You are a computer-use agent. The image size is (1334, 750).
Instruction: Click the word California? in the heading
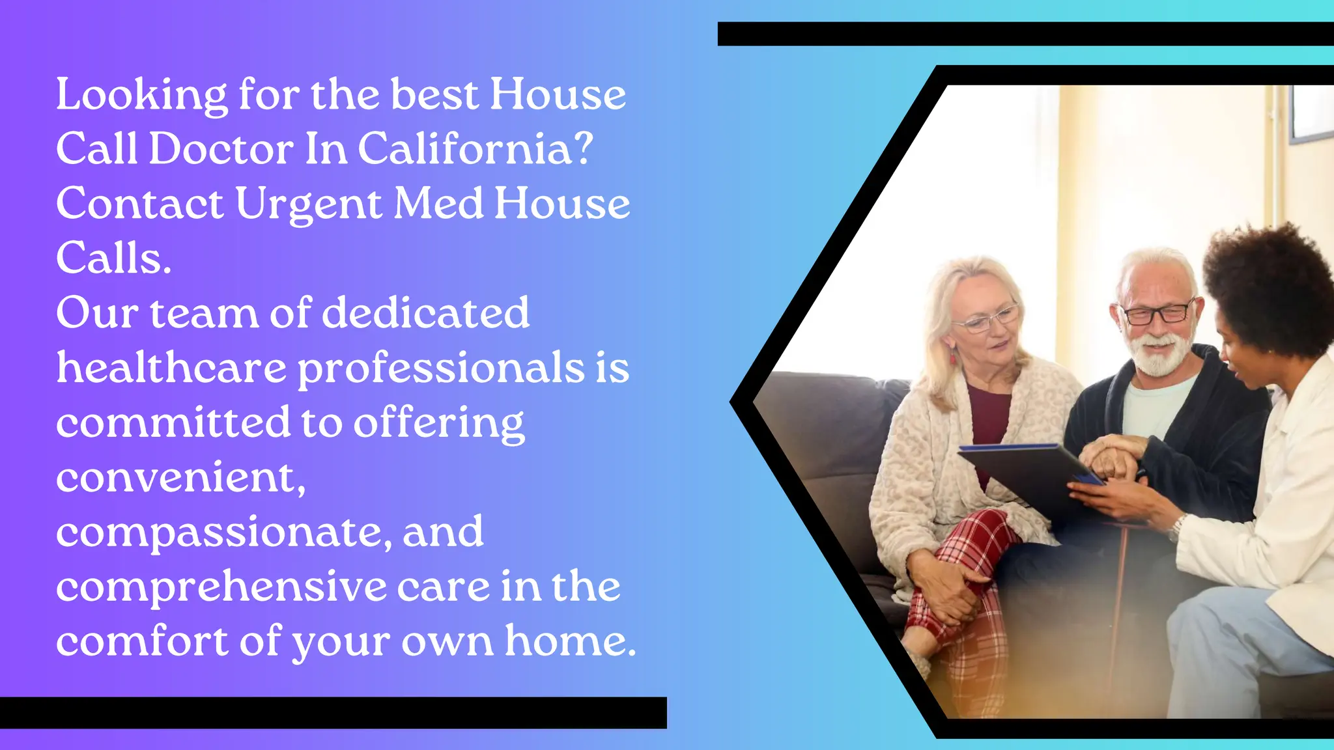475,149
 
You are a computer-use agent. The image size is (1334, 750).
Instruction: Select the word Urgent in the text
309,204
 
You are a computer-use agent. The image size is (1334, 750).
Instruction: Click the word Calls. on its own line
113,258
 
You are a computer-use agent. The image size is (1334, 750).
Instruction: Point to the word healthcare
171,368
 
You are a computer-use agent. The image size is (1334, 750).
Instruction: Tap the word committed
173,422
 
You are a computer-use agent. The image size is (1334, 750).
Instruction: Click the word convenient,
180,477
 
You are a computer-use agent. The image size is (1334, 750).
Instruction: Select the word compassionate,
224,533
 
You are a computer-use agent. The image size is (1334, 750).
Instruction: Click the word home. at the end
570,641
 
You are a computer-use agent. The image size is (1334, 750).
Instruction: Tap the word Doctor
221,149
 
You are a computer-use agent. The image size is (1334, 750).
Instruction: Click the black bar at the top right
1025,34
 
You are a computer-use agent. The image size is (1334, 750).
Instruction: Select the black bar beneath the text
333,712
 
